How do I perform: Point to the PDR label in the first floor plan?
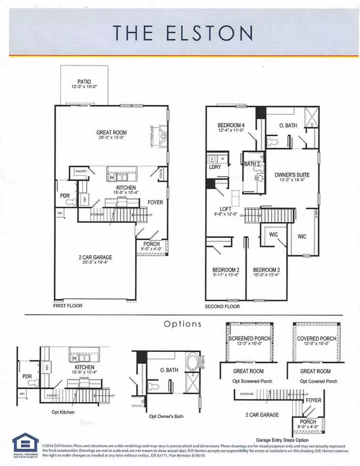[65, 196]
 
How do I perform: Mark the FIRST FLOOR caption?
[68, 306]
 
